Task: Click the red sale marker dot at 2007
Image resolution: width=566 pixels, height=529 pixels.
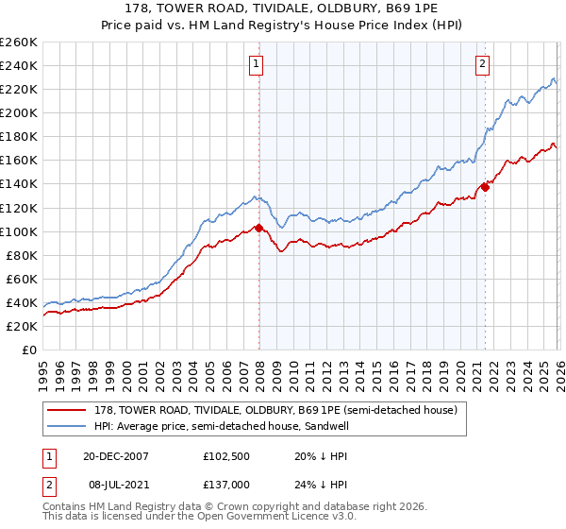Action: click(259, 228)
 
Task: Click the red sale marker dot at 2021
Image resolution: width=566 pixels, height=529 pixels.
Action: click(485, 187)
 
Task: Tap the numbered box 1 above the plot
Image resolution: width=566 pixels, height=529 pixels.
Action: click(257, 64)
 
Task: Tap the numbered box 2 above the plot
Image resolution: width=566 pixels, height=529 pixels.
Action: click(482, 64)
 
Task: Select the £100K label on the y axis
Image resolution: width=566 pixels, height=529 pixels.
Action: click(19, 231)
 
